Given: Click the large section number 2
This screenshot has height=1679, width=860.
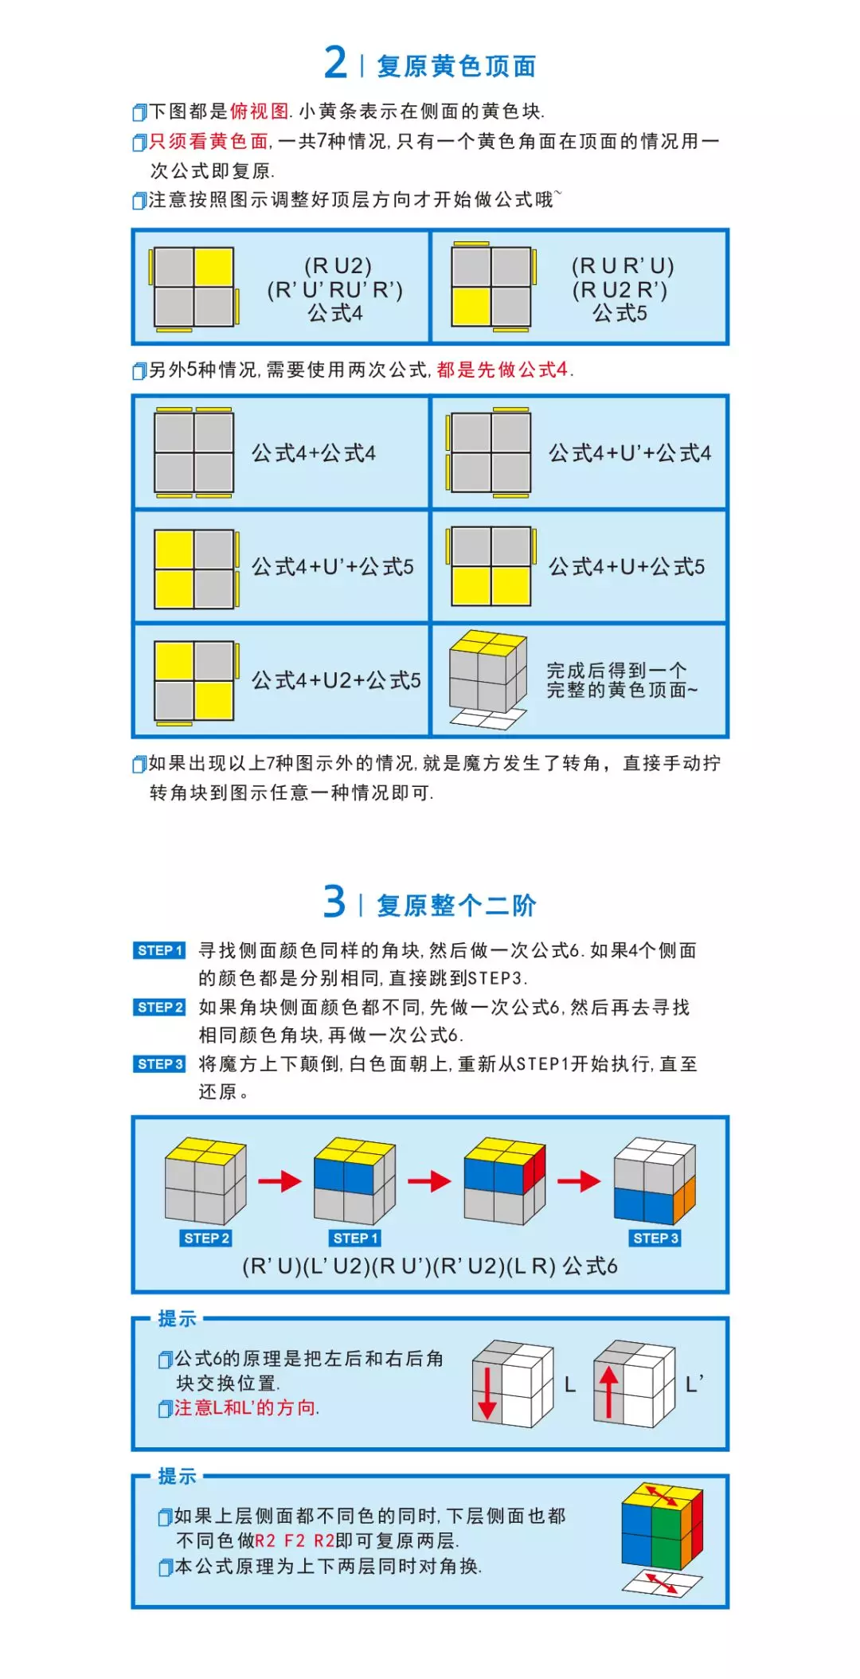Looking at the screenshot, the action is point(335,62).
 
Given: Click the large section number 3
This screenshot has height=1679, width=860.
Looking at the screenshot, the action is point(334,902).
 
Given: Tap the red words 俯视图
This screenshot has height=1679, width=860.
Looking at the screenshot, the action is point(259,111).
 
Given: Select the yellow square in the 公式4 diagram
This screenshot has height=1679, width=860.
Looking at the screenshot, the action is point(213,267).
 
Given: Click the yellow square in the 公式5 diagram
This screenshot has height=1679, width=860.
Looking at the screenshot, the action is point(471,307).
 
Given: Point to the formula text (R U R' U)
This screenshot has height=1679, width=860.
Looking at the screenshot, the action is point(622,265).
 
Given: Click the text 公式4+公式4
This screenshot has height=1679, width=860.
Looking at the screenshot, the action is point(314,453).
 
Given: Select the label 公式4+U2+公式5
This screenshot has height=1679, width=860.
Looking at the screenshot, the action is point(336,680).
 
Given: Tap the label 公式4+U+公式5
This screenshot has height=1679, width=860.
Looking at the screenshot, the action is point(626,567).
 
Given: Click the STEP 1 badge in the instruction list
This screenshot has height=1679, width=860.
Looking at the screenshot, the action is point(159,950).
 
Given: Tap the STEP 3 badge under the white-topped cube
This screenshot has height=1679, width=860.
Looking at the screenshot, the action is point(655,1238).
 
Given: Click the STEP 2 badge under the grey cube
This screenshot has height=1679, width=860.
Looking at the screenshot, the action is point(206,1238).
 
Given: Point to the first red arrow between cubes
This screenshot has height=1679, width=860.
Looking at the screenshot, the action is point(279,1180).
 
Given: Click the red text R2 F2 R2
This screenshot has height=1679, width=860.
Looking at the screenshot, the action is point(295,1541).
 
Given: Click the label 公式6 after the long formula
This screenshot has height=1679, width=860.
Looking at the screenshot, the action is point(590,1266).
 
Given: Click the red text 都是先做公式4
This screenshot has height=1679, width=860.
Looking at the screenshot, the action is point(502,370).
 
